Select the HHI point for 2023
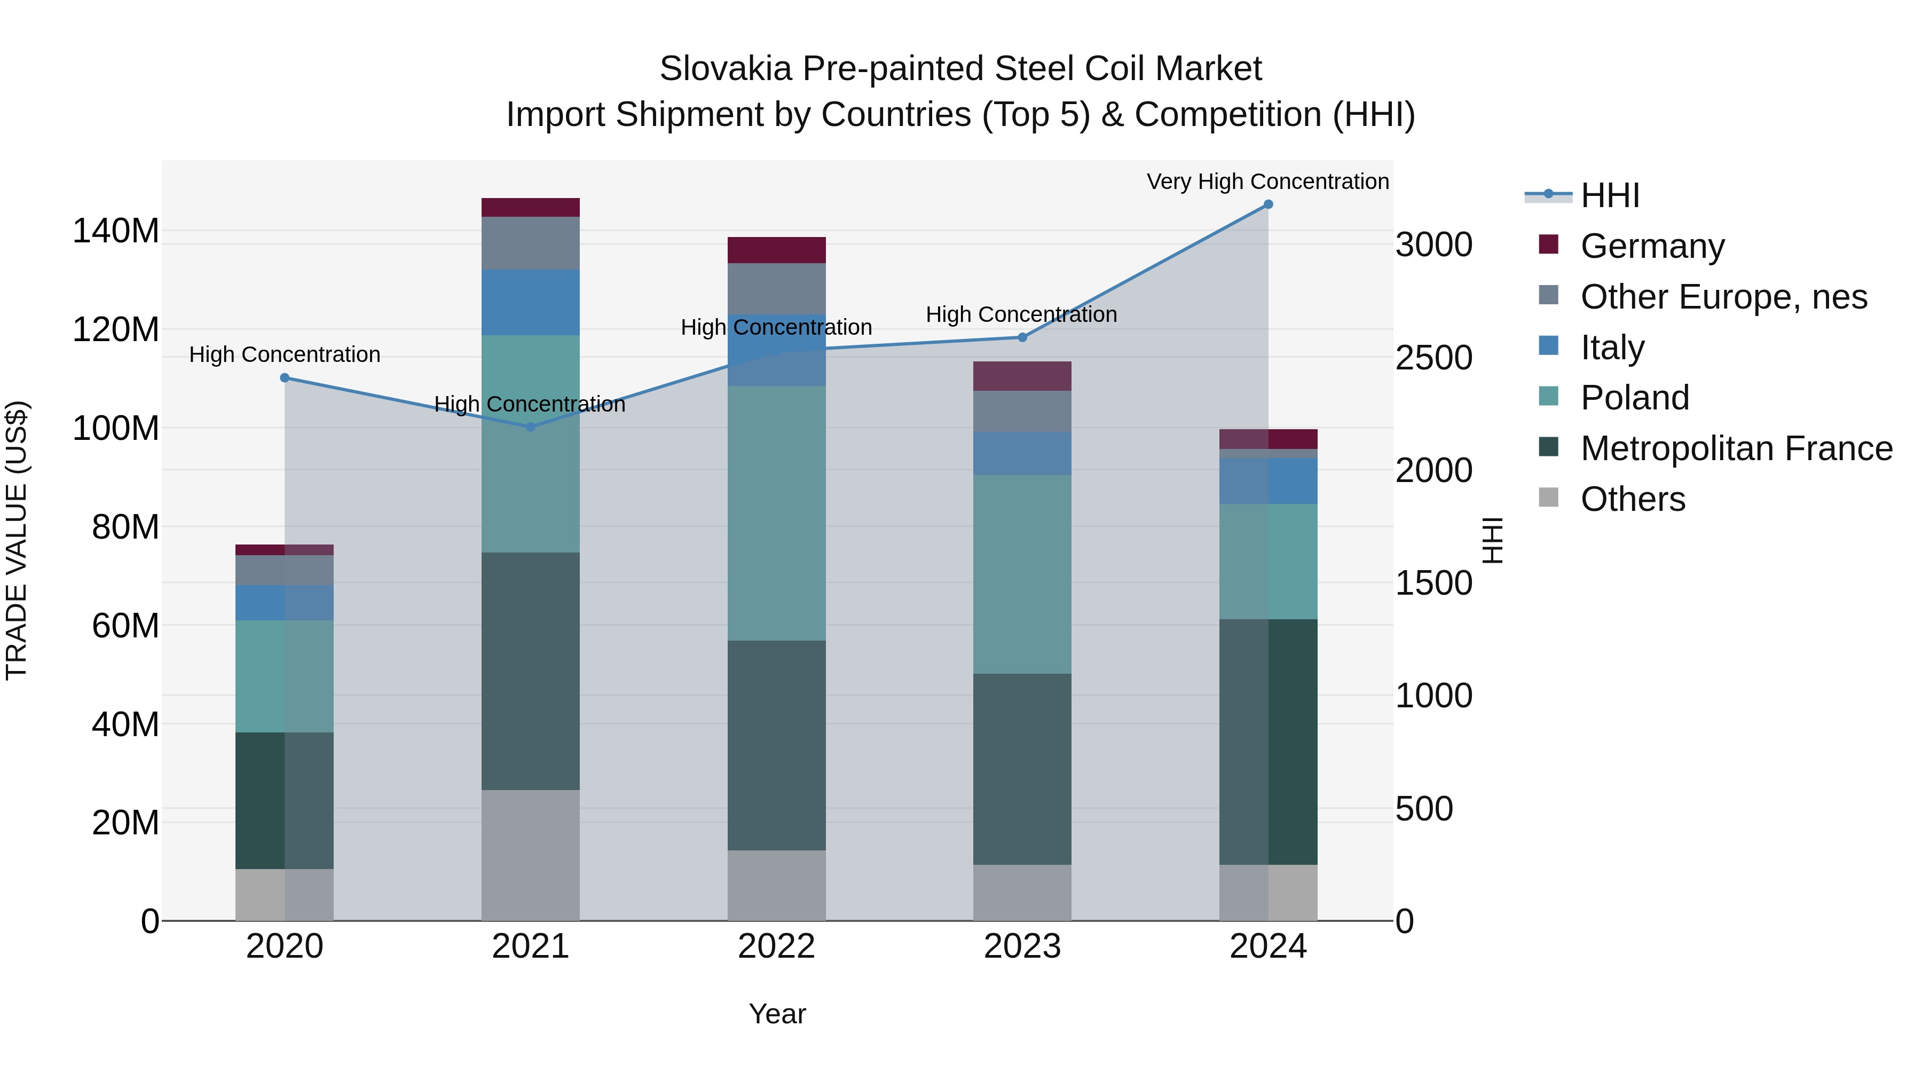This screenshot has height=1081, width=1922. click(1022, 337)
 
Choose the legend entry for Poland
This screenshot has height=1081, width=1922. click(1634, 398)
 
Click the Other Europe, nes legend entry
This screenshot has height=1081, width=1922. click(1723, 297)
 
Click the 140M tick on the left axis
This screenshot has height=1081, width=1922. click(116, 231)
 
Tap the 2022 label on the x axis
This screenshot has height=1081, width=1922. click(776, 946)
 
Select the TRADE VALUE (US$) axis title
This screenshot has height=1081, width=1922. click(17, 540)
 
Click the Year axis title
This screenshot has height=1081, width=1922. click(777, 1014)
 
